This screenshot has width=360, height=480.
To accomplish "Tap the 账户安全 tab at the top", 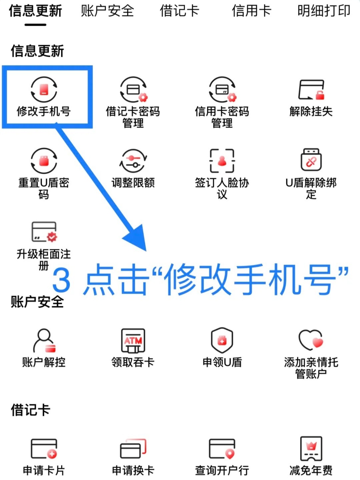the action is pyautogui.click(x=107, y=11).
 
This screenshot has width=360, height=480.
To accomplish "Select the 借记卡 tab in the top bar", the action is pyautogui.click(x=179, y=11).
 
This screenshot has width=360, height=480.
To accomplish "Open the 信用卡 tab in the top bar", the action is pyautogui.click(x=251, y=11).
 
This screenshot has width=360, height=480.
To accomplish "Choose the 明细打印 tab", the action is pyautogui.click(x=324, y=11).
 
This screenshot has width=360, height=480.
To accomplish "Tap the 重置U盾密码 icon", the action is pyautogui.click(x=44, y=161).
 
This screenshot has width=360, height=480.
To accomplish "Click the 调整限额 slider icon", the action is pyautogui.click(x=133, y=161).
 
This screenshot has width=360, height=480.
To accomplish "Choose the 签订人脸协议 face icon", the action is pyautogui.click(x=222, y=161).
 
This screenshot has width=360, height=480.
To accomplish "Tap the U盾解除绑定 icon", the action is pyautogui.click(x=311, y=160).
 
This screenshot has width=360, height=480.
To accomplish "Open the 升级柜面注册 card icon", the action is pyautogui.click(x=44, y=232).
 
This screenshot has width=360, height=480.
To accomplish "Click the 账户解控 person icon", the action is pyautogui.click(x=44, y=340).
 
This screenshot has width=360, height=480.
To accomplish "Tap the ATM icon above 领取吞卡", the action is pyautogui.click(x=133, y=340).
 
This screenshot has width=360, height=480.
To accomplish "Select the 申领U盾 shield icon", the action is pyautogui.click(x=222, y=340).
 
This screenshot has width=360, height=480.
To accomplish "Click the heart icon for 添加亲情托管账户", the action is pyautogui.click(x=311, y=340).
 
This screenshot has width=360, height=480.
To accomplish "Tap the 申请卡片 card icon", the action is pyautogui.click(x=44, y=449).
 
